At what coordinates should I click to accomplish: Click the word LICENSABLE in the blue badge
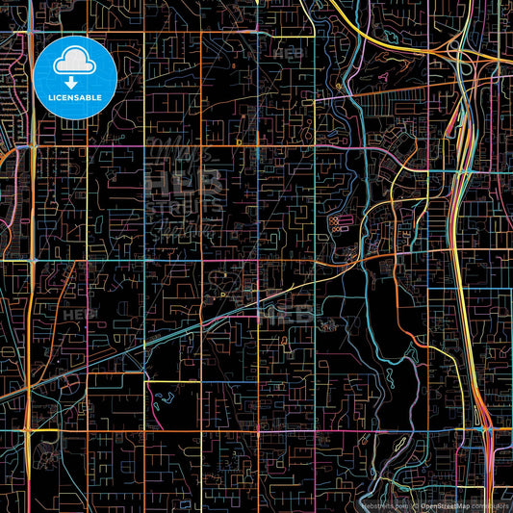75,98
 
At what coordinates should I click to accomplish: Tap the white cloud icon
75,63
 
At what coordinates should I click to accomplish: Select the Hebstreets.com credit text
384,504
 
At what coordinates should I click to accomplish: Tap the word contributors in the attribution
489,504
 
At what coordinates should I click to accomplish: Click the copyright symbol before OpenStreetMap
415,504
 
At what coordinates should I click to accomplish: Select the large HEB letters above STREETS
184,181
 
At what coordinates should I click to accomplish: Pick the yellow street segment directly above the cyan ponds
173,381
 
